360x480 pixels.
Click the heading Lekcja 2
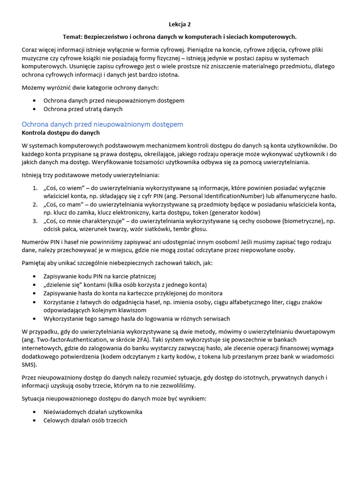[180, 24]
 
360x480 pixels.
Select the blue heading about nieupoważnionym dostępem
[103, 124]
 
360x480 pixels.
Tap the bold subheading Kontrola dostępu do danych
[61, 133]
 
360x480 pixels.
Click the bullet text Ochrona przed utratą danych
[83, 109]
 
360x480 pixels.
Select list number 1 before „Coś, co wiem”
[35, 188]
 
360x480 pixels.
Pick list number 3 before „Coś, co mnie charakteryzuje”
[35, 221]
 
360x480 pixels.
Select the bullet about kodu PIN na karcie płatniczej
[99, 277]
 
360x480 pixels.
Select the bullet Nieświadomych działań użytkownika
[93, 412]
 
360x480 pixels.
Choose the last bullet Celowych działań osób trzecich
[85, 420]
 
